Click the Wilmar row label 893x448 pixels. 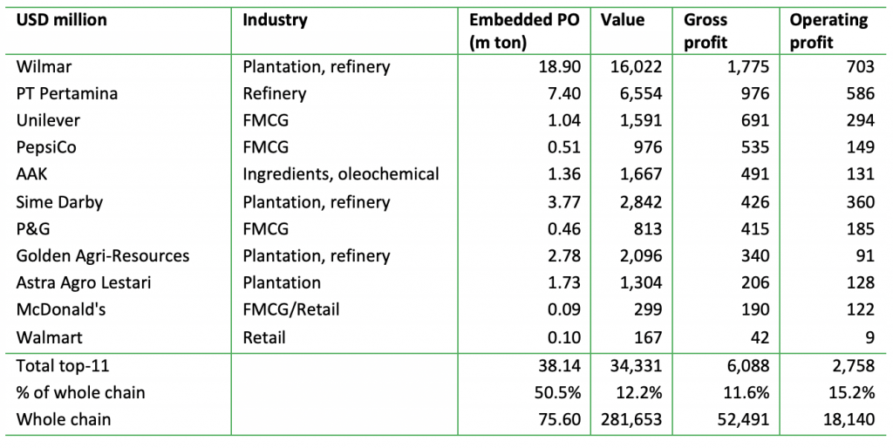click(x=42, y=65)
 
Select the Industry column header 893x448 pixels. click(x=275, y=20)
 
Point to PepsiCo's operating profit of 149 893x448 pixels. click(x=860, y=147)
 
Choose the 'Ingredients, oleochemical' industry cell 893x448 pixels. click(x=340, y=174)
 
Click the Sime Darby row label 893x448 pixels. click(x=59, y=202)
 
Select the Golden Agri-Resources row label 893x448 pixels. click(x=103, y=256)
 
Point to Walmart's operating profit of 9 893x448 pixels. click(x=869, y=337)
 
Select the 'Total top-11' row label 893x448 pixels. click(x=60, y=365)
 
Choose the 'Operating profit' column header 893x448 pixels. click(x=828, y=31)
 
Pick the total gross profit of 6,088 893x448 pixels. click(x=746, y=365)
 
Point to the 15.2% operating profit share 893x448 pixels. click(x=854, y=392)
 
